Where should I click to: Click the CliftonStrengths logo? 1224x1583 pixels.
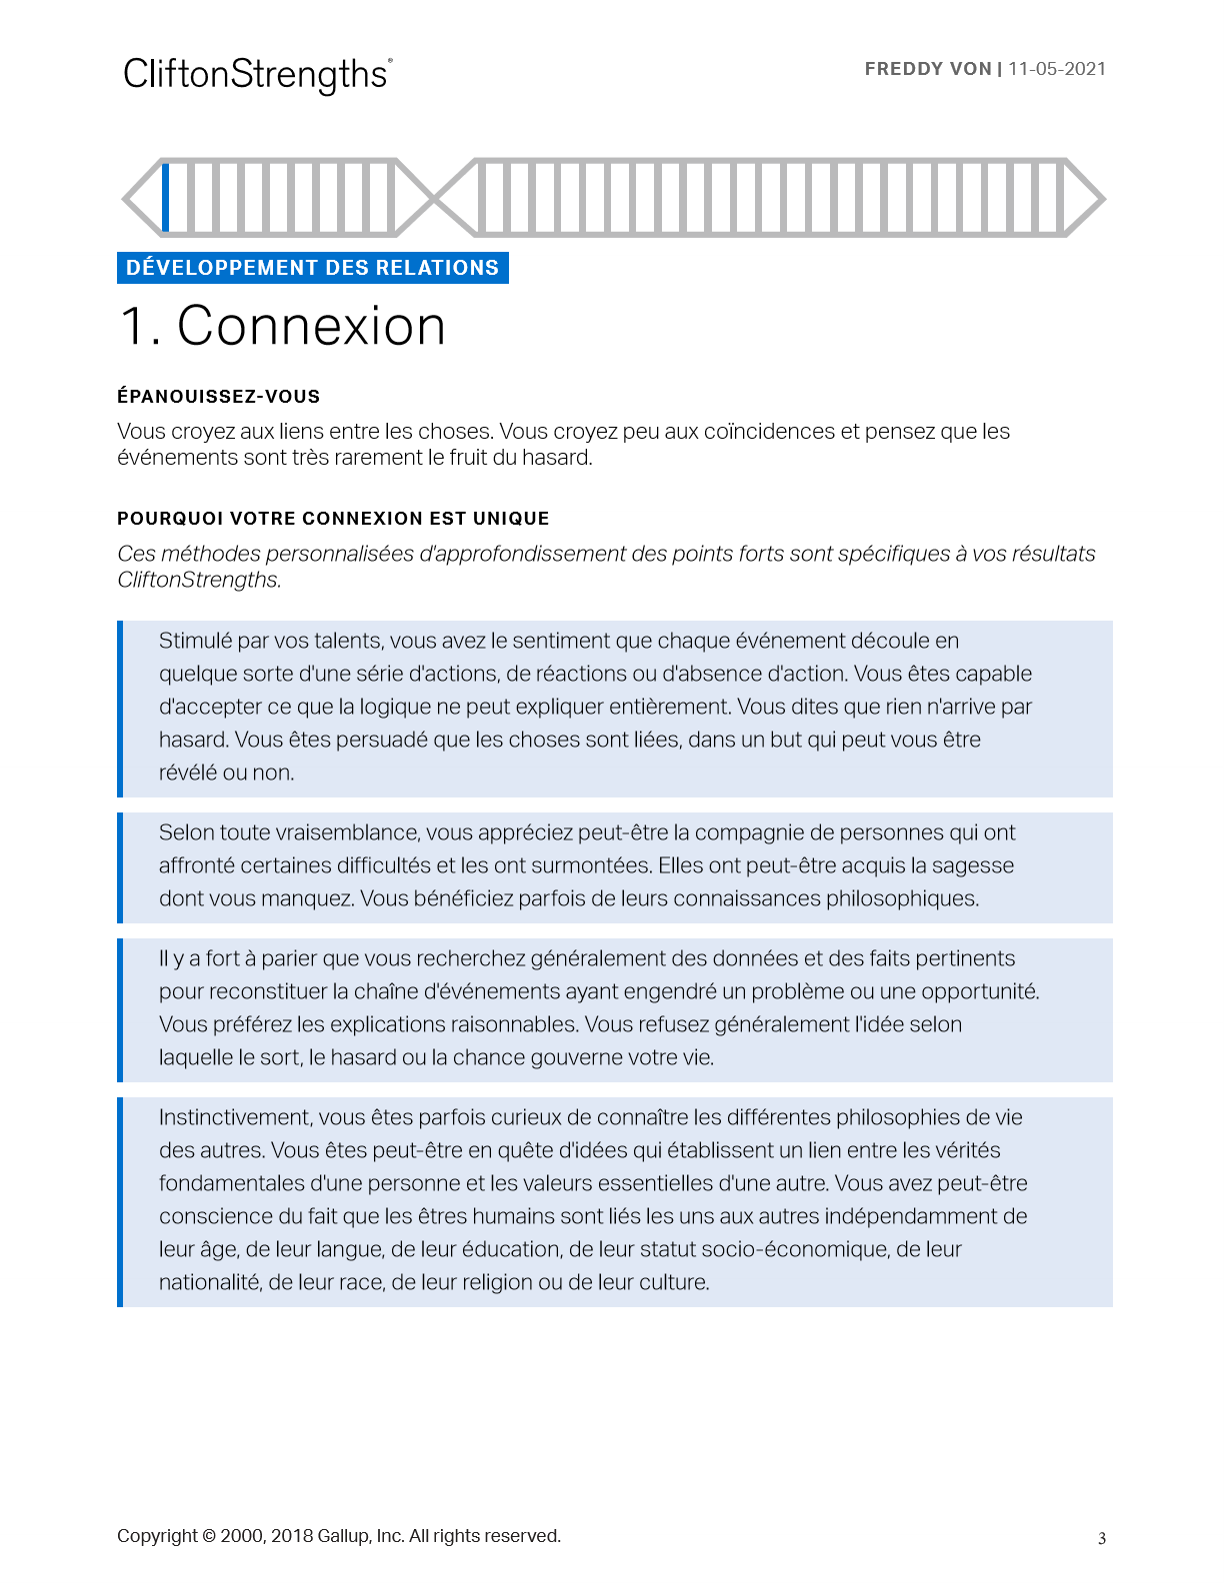coord(257,75)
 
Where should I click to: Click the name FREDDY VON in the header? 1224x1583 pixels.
coord(927,69)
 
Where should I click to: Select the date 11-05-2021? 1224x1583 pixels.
coord(1057,69)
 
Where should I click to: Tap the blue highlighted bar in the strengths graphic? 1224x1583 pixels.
coord(166,197)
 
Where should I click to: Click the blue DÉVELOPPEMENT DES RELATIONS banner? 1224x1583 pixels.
coord(312,268)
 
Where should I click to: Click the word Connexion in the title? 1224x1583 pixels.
coord(311,326)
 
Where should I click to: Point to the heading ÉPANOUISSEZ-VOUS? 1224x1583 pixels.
coord(218,397)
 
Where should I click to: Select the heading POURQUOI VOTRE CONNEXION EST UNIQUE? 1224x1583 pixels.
coord(333,519)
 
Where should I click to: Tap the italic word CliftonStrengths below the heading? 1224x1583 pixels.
coord(198,580)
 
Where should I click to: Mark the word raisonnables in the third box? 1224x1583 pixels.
coord(513,1024)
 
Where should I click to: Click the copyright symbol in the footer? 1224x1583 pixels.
coord(209,1536)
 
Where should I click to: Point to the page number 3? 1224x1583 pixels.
coord(1102,1539)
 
